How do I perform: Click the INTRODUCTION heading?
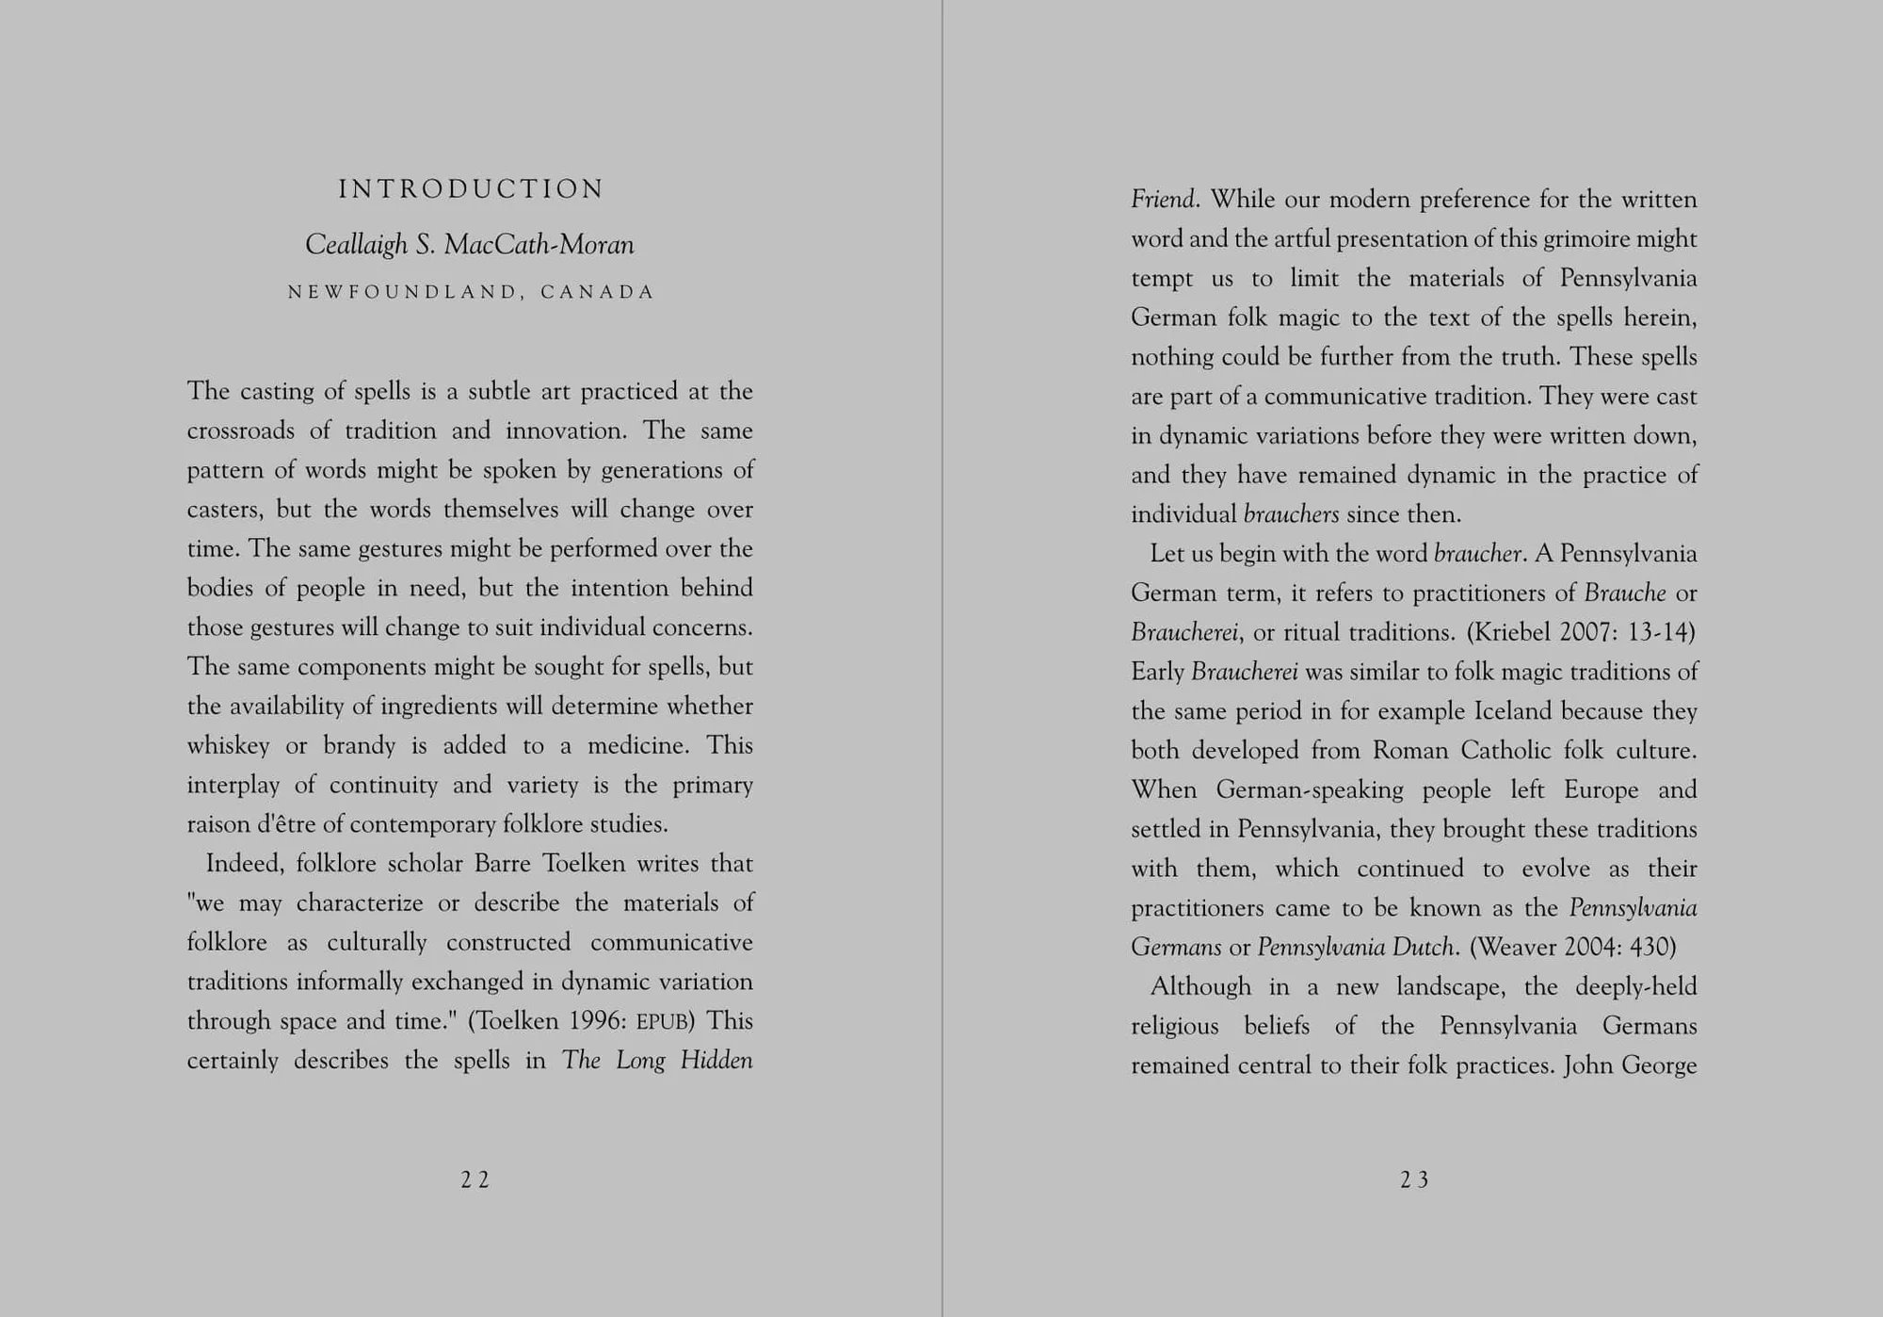pos(471,189)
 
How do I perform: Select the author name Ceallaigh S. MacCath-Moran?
pos(470,245)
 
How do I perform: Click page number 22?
pos(475,1179)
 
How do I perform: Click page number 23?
pos(1414,1179)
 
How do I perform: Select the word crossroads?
pos(240,431)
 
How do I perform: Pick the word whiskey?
pos(228,746)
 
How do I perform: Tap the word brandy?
pos(359,746)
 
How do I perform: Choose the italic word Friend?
pos(1163,200)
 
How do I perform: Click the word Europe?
pos(1601,789)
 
